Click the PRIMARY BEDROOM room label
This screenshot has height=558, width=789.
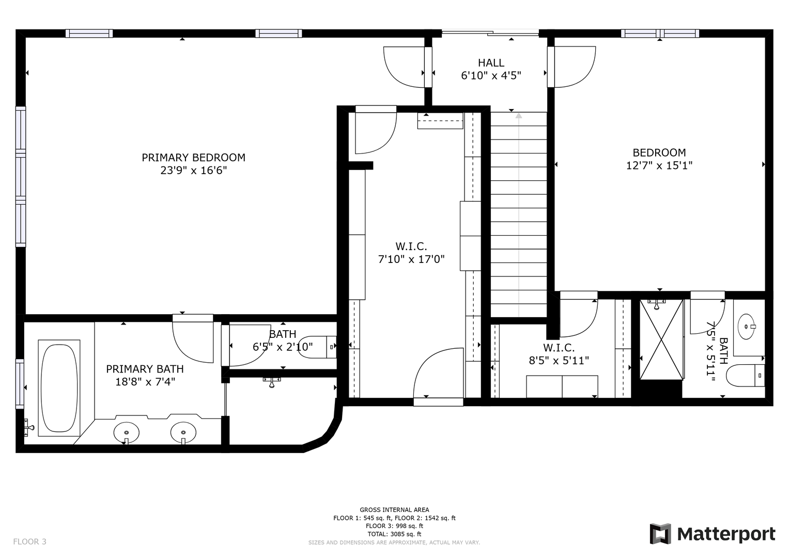(193, 158)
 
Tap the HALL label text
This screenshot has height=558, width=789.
(491, 63)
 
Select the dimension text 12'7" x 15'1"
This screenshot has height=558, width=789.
(659, 165)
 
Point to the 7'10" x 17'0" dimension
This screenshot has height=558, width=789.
(411, 259)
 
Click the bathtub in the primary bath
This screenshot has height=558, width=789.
(59, 388)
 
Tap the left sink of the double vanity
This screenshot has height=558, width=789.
(127, 432)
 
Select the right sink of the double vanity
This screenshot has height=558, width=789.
(183, 432)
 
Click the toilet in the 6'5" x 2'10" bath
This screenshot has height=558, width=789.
(317, 347)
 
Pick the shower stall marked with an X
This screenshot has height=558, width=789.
(661, 339)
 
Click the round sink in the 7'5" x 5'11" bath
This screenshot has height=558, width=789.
(747, 327)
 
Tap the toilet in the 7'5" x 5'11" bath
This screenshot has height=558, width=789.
(745, 376)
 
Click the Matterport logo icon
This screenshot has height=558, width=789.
(660, 534)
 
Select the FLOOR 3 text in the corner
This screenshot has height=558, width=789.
(29, 541)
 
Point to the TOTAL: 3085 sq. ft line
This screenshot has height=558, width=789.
(395, 534)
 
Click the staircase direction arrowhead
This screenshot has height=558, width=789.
(518, 115)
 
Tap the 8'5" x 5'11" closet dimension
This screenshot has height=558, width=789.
(559, 361)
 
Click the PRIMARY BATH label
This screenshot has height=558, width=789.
(145, 369)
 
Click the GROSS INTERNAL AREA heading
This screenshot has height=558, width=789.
(395, 510)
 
